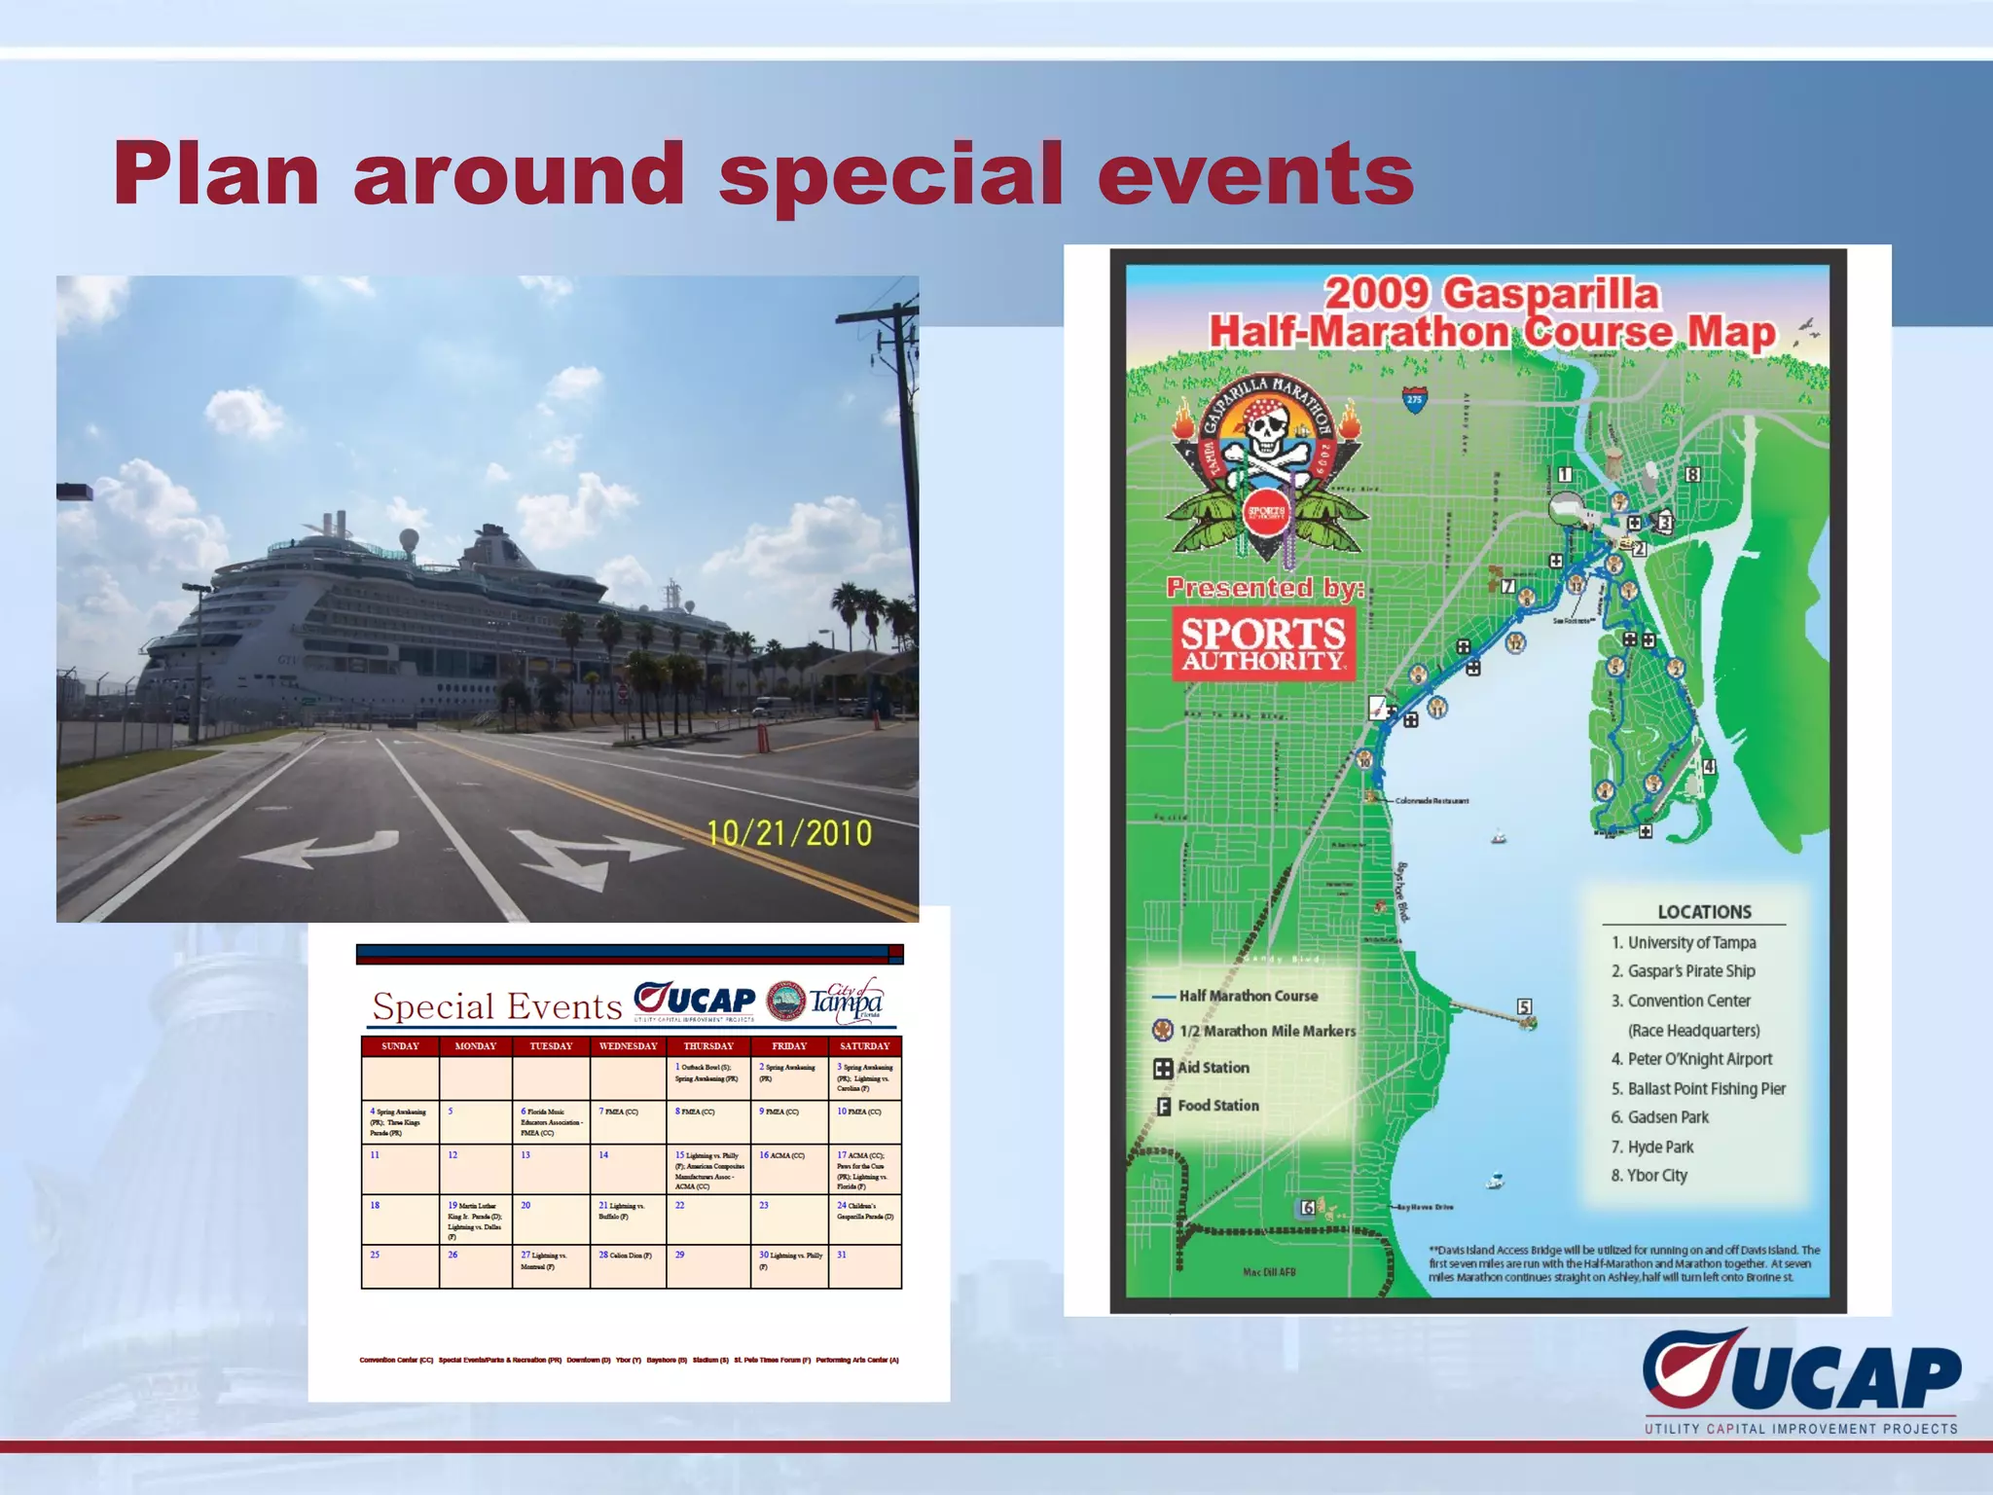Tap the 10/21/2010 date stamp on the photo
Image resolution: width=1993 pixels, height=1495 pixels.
click(788, 834)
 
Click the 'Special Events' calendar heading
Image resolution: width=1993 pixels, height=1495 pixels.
click(497, 1006)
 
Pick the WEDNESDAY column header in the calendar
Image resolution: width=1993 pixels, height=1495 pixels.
click(628, 1046)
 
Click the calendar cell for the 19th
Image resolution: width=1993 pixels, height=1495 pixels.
click(475, 1220)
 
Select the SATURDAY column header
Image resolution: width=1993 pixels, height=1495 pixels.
click(864, 1046)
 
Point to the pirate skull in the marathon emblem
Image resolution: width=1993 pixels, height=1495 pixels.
click(1265, 433)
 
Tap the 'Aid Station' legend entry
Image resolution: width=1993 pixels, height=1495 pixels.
click(1212, 1068)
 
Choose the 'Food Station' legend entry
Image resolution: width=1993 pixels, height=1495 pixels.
click(1216, 1106)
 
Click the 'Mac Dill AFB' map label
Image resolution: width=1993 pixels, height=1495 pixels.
click(1269, 1272)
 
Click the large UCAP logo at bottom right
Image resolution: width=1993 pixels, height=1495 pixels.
click(1800, 1372)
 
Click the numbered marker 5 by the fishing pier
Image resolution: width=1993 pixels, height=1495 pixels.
click(1524, 1007)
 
